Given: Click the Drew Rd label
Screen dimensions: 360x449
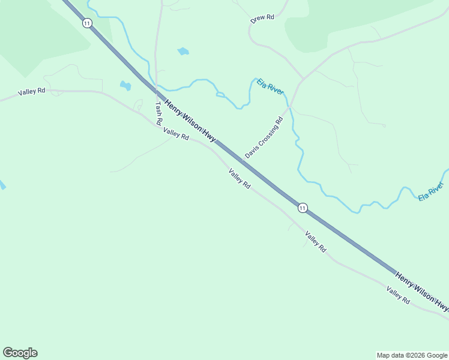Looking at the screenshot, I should pos(262,19).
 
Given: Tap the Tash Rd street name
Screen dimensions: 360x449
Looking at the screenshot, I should pos(158,113).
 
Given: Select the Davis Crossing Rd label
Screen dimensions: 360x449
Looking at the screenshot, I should pos(264,138).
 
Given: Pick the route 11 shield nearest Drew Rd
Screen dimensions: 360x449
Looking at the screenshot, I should pos(88,23).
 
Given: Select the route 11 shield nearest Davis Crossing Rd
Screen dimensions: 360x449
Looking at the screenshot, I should pos(303,208).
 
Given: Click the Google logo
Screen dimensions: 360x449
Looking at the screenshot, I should pos(20,353).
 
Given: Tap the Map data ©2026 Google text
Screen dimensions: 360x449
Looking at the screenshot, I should pos(412,355).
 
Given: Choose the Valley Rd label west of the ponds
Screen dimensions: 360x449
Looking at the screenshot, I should pos(32,92).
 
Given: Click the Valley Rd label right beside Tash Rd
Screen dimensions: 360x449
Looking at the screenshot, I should pos(176,134).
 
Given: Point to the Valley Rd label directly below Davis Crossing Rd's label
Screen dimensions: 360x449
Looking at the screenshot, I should pos(239,179).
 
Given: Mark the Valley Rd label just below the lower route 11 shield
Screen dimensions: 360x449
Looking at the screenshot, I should pos(315,241).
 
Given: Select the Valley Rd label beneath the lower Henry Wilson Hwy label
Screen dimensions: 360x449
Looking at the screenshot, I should pos(398,295).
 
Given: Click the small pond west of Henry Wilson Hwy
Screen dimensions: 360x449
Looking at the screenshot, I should pos(125,85).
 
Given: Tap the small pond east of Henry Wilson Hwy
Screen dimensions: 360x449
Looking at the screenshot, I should pos(183,52).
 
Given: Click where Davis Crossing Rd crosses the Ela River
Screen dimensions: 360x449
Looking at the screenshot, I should pos(290,107).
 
